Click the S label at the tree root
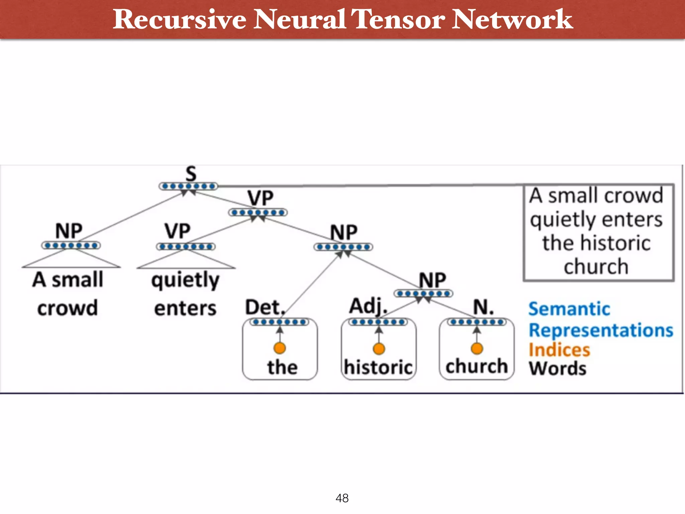pos(191,174)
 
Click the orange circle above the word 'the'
pos(280,348)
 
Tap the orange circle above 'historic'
pos(379,349)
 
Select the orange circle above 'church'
pos(477,348)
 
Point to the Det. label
pos(265,307)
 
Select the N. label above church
pos(483,307)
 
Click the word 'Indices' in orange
pos(559,350)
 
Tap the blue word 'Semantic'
pos(569,309)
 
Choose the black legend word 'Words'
pos(558,368)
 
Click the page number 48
pos(342,498)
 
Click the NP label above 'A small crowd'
pos(69,231)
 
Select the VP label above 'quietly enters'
pos(177,231)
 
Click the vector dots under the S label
pos(188,186)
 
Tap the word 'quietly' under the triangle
pos(185,280)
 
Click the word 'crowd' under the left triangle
pos(68,308)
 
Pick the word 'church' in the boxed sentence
pos(596,267)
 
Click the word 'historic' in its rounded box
pos(378,367)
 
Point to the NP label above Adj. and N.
pos(432,280)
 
